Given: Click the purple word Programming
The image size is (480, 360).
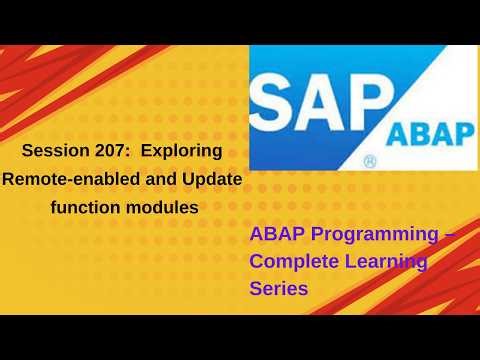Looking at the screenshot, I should click(x=370, y=237).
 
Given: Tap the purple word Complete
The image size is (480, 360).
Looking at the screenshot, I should click(x=291, y=262).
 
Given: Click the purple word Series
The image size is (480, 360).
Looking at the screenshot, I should click(x=279, y=287).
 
